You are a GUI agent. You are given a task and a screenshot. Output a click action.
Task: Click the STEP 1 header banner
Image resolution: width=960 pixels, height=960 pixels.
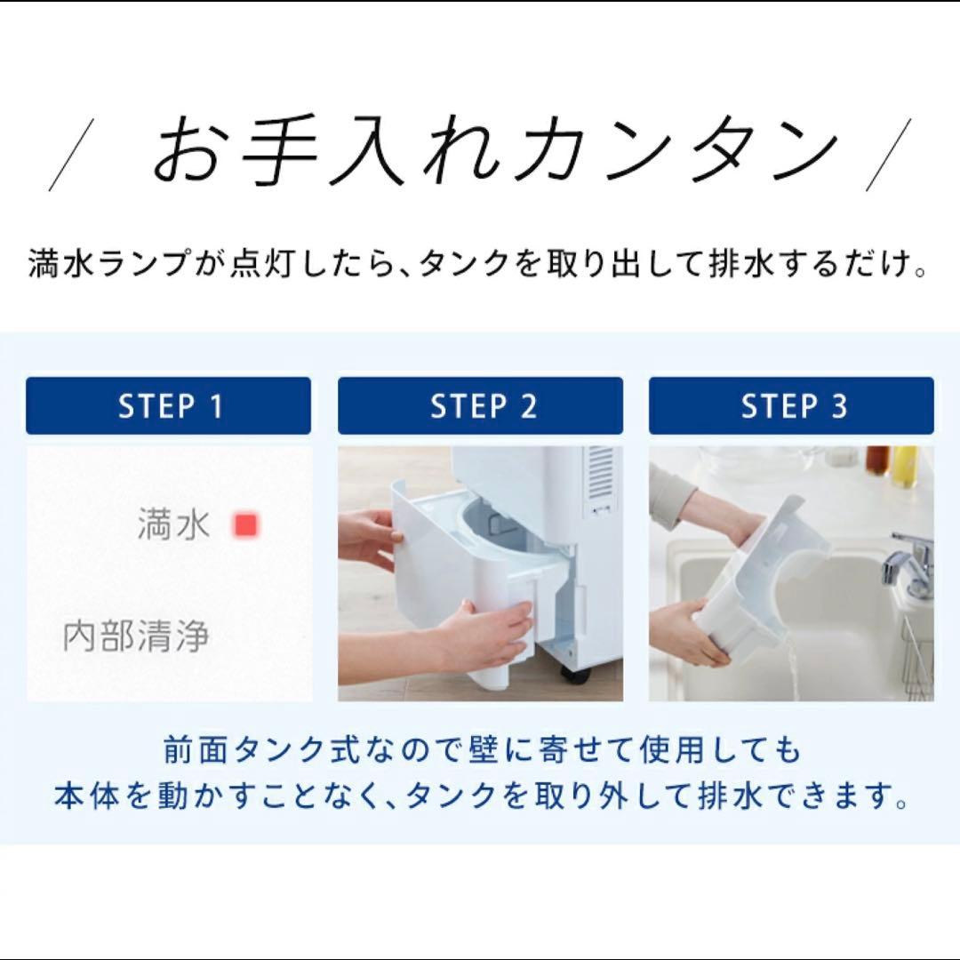click(169, 406)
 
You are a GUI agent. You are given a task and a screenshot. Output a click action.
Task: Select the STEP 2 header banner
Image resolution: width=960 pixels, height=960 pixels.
click(480, 406)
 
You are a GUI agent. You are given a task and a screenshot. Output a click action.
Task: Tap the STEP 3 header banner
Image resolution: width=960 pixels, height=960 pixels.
click(791, 406)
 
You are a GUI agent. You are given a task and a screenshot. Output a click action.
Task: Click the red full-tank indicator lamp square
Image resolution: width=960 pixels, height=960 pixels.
click(245, 525)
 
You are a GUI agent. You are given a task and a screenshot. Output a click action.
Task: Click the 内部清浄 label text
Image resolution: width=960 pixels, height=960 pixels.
click(136, 637)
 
